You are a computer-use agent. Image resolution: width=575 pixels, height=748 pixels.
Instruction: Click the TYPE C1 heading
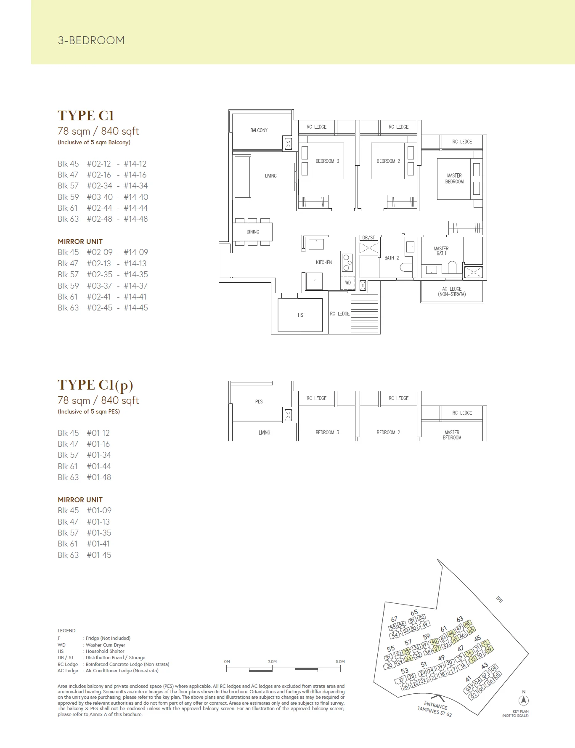pos(86,116)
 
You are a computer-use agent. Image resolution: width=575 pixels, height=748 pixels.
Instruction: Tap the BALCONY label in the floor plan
pos(259,130)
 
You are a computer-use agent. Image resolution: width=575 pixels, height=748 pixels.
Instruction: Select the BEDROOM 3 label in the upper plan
pos(327,161)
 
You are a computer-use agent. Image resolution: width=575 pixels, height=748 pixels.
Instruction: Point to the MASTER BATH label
pos(441,251)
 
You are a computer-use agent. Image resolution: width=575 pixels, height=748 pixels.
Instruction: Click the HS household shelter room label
pos(300,315)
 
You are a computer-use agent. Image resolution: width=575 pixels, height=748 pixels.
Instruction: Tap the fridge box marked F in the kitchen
pos(314,281)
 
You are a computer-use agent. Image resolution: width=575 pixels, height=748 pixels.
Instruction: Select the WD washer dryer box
pos(348,283)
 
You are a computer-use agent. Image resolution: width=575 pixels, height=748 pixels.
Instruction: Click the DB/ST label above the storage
pos(368,238)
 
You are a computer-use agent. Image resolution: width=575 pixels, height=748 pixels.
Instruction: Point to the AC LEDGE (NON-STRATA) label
pos(452,292)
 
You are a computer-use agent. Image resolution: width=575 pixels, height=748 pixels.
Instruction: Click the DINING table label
pos(253,232)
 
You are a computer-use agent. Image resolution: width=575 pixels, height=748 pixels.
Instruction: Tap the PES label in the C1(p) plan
pos(259,402)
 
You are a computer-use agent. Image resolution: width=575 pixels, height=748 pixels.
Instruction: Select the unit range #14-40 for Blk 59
pos(136,197)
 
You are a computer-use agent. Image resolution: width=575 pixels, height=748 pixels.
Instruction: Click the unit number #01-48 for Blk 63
pos(99,477)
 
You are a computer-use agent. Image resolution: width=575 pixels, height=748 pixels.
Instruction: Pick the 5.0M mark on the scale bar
pos(340,662)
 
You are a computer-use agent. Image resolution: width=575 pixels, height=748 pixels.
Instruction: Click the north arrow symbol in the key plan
pos(524,701)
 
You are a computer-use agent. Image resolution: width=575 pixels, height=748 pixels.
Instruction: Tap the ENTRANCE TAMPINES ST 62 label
pos(435,709)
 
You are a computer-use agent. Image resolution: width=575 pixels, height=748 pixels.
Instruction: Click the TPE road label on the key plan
pos(499,599)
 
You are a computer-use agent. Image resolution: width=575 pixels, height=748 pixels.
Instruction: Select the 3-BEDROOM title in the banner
pos(91,40)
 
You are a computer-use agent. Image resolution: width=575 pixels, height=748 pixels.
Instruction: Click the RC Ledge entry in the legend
pos(68,664)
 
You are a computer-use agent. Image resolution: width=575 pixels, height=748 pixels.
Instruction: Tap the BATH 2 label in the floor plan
pos(392,258)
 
